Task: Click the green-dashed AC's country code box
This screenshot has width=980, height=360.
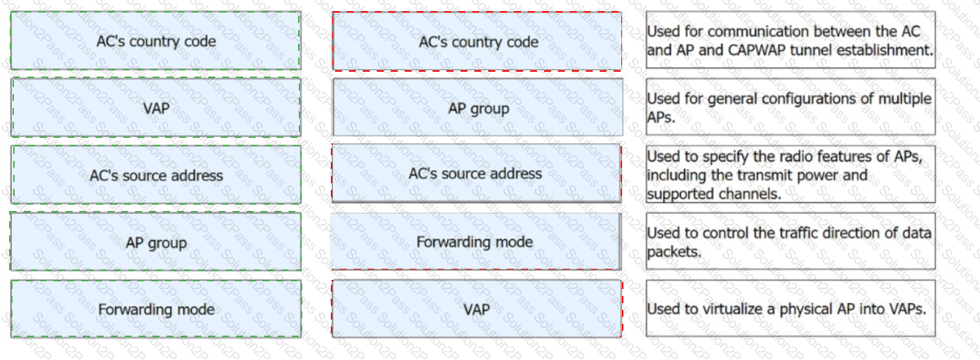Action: pos(156,40)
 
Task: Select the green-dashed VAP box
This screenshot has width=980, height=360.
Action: pos(156,108)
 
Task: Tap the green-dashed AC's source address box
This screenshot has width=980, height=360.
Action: pos(156,175)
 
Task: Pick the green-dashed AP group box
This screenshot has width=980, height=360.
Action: pos(156,242)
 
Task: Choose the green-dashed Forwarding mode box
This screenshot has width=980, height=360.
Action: pos(156,309)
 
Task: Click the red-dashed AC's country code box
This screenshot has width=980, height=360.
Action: pos(477,41)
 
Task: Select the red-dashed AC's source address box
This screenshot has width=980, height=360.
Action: pos(476,173)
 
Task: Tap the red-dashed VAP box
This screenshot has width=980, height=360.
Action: pos(477,309)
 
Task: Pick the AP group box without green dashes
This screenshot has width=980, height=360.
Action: pos(478,108)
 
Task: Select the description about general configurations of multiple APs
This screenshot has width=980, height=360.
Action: pos(791,107)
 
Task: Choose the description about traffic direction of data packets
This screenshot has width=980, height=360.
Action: pos(791,242)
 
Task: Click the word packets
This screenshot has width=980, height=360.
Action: pos(674,252)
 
